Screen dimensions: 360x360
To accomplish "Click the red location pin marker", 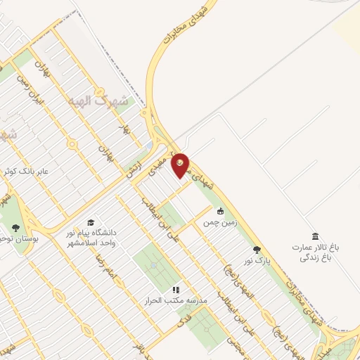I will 181,166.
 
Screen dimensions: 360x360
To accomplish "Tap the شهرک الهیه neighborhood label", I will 99,101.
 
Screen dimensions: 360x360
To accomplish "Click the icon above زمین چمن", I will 220,211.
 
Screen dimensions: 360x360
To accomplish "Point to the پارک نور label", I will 257,260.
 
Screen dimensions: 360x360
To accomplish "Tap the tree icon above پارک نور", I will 257,249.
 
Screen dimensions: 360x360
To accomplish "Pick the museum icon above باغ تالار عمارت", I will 315,236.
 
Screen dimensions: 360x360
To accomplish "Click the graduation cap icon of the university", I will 91,222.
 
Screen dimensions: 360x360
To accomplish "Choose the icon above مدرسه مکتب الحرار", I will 176,289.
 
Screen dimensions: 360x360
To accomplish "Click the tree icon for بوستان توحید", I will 15,227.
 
